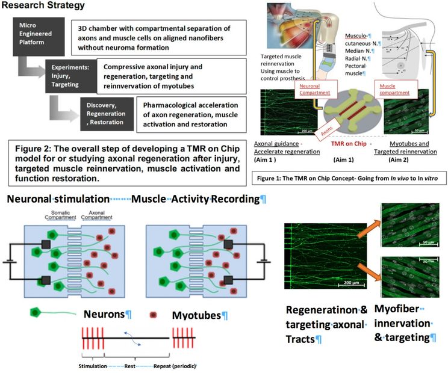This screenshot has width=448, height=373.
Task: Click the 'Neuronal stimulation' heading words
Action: coord(51,199)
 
